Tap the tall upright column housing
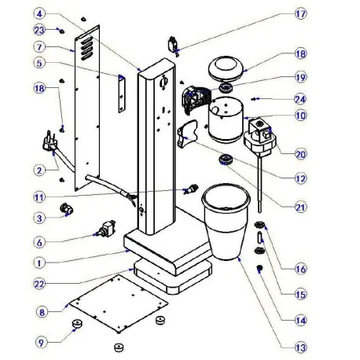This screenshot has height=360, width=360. pyautogui.click(x=156, y=149)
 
